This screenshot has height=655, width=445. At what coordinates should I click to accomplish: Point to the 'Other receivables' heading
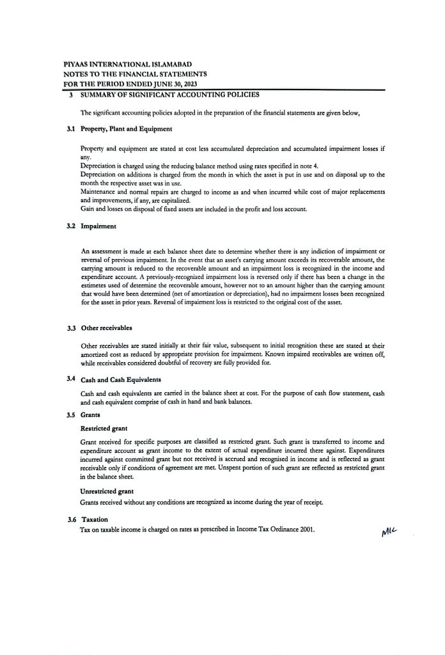click(106, 328)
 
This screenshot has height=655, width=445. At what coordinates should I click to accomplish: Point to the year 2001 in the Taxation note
click(305, 530)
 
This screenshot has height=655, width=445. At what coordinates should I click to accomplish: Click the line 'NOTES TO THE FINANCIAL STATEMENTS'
click(134, 74)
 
